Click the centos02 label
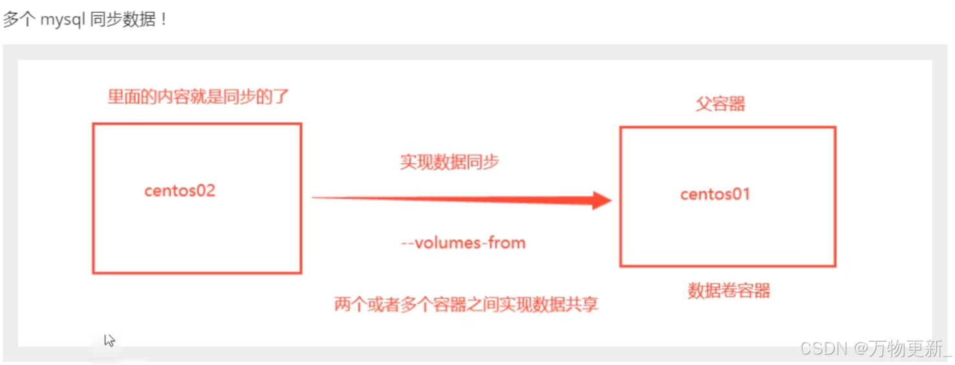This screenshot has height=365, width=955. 179,191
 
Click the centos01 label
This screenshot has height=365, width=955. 715,194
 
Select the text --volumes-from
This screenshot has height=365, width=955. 463,243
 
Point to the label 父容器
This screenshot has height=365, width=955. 720,104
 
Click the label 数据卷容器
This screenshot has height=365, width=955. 729,291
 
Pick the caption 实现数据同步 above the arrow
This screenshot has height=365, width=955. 449,162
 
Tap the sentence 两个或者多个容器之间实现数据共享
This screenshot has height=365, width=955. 466,304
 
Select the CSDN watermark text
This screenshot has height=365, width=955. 823,349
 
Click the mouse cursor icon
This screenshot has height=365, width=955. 109,340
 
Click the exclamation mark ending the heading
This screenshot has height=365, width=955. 164,19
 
